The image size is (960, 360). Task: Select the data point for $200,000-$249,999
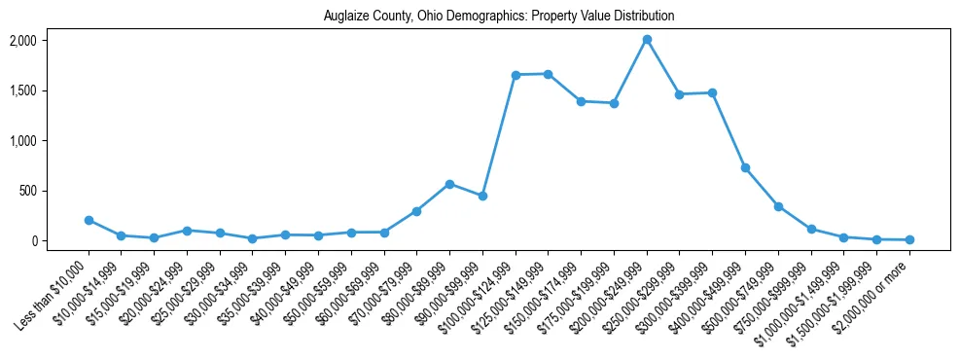tap(647, 40)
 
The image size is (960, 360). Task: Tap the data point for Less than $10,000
tap(89, 221)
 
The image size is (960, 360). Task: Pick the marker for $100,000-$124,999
tap(516, 75)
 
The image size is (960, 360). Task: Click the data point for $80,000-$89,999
tap(449, 184)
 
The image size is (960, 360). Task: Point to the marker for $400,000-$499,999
tap(745, 168)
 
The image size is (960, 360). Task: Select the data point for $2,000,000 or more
tap(909, 239)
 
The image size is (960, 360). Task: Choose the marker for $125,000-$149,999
tap(548, 74)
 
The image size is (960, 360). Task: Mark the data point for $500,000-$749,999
tap(778, 206)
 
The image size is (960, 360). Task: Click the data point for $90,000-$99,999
tap(482, 196)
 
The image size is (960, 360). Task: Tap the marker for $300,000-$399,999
tap(712, 93)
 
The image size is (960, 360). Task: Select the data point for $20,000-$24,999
tap(187, 231)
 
